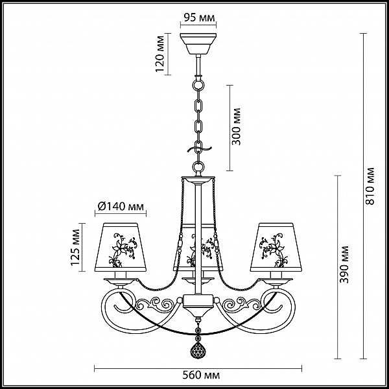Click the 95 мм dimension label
tap(199, 18)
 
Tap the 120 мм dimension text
tap(160, 54)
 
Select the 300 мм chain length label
tap(236, 126)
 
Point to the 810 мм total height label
tap(370, 186)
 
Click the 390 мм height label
tap(344, 265)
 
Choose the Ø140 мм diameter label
tap(121, 206)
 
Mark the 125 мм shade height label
tap(75, 248)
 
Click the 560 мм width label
tap(201, 375)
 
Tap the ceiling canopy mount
tap(198, 43)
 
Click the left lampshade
tap(121, 247)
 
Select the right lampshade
tap(276, 247)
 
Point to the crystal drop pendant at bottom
tap(198, 350)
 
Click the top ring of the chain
tap(198, 84)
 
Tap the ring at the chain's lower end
tap(198, 166)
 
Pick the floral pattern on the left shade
tap(123, 250)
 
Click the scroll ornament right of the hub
tap(240, 303)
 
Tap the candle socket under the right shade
tap(277, 275)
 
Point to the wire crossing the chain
tap(199, 149)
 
